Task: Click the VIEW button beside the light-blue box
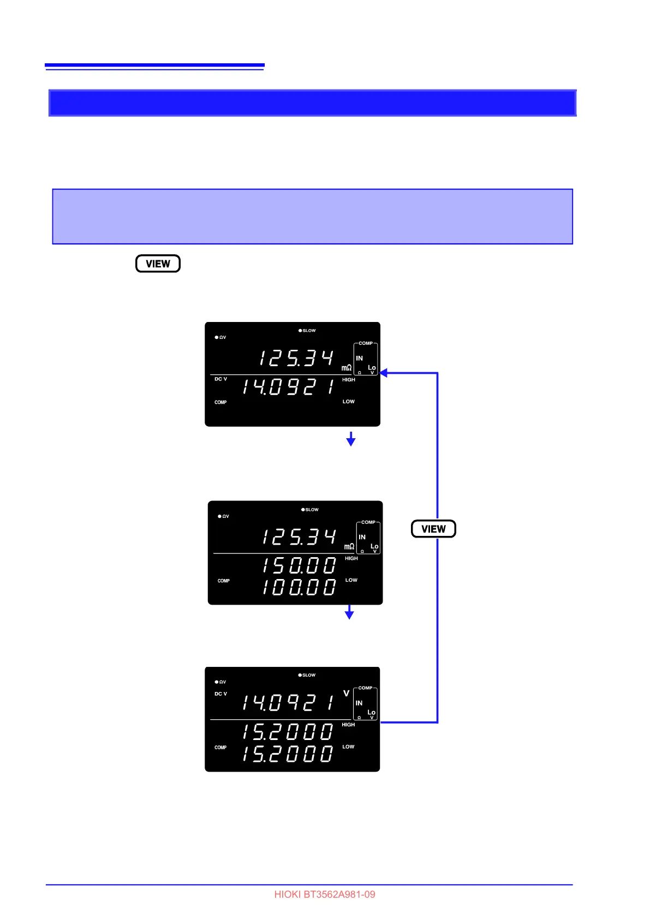[x=158, y=264]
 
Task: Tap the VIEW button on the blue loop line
[x=433, y=529]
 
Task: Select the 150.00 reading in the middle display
[x=299, y=565]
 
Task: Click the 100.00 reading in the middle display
[x=299, y=587]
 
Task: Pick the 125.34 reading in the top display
[x=296, y=359]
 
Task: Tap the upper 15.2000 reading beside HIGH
[x=288, y=732]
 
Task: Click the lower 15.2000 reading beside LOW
[x=288, y=754]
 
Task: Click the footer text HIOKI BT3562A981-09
[x=325, y=894]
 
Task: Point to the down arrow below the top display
[x=351, y=439]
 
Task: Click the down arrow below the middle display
[x=349, y=612]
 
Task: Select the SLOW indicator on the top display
[x=307, y=331]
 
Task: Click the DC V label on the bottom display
[x=220, y=694]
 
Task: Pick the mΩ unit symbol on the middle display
[x=349, y=546]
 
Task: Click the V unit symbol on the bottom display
[x=346, y=694]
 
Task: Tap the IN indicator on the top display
[x=359, y=359]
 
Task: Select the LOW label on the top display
[x=349, y=402]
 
